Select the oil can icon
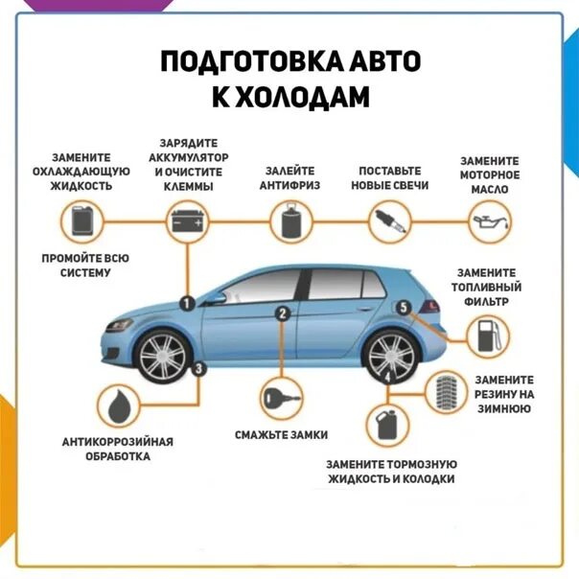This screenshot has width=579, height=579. point(488,224)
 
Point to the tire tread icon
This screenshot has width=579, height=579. point(443,391)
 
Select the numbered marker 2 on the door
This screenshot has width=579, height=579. point(283,313)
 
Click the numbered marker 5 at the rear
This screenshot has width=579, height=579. point(404,307)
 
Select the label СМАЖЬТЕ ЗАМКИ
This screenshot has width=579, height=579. point(278,435)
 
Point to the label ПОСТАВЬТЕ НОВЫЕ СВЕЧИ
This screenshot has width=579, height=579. point(389,177)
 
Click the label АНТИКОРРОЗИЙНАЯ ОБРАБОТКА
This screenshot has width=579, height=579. point(118,449)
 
